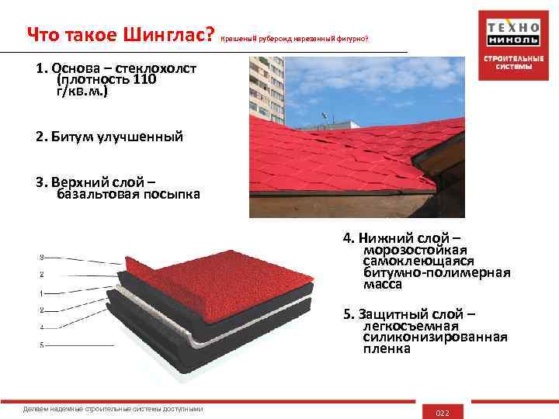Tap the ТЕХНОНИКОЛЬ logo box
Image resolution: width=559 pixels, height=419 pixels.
(x=509, y=33)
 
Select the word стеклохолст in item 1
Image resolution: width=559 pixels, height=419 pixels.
(x=153, y=68)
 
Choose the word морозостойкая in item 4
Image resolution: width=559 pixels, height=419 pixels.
(x=415, y=251)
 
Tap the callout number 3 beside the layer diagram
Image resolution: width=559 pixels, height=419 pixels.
(x=41, y=257)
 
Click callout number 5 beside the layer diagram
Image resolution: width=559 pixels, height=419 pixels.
(x=41, y=344)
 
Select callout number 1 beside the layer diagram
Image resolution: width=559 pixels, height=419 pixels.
(x=41, y=293)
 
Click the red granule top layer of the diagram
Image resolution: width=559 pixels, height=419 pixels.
(x=233, y=279)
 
